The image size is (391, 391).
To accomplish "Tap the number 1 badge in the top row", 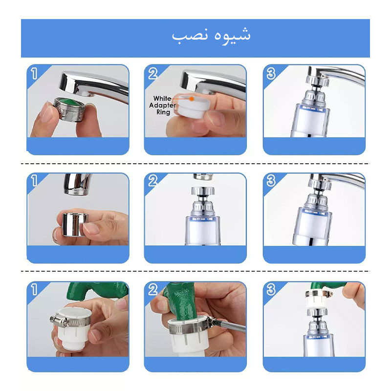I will point(34,74).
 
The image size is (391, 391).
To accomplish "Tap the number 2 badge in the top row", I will point(152,74).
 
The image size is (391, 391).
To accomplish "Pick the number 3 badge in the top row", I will point(271,74).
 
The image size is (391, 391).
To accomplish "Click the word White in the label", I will point(162,99).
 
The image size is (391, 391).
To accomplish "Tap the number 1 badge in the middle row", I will point(34,181).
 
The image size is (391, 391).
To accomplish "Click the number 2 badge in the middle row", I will point(152,181).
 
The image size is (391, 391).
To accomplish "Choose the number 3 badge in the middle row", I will point(271,181).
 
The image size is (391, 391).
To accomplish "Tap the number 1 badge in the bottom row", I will point(34,290).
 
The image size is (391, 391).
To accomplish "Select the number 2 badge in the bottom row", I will point(152,290).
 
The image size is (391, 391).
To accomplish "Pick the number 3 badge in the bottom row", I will point(271,290).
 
